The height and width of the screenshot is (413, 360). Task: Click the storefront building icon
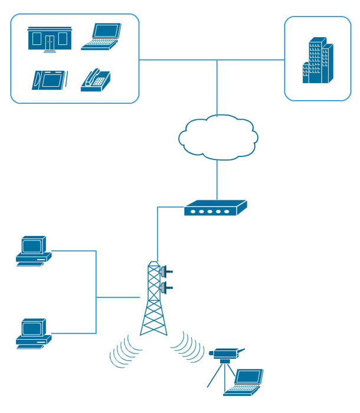click(x=50, y=38)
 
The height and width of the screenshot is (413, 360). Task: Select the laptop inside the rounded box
click(x=102, y=35)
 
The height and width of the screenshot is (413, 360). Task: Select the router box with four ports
click(x=215, y=208)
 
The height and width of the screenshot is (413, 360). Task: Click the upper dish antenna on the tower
click(x=165, y=272)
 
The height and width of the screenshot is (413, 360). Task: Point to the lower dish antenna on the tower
click(x=165, y=288)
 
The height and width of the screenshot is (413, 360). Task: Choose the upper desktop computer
click(x=33, y=251)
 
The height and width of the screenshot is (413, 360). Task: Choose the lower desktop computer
click(x=33, y=333)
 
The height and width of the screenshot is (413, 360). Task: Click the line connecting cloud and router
click(x=218, y=180)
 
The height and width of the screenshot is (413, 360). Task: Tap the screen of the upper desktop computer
click(x=32, y=245)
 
